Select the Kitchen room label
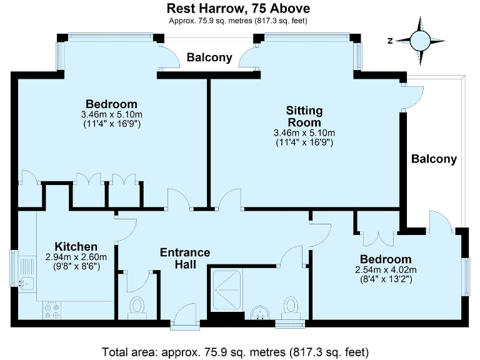[76, 246]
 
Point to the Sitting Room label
[304, 116]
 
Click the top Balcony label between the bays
[209, 58]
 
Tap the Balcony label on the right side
[434, 159]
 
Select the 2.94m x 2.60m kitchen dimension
[76, 257]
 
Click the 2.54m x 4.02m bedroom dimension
[385, 269]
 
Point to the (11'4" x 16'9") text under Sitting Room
[304, 142]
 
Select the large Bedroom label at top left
[111, 104]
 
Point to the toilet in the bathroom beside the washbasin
[291, 306]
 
